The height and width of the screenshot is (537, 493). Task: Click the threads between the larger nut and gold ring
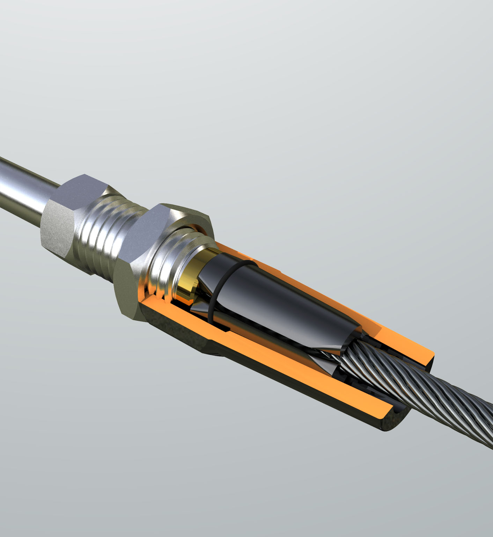pyautogui.click(x=168, y=269)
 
